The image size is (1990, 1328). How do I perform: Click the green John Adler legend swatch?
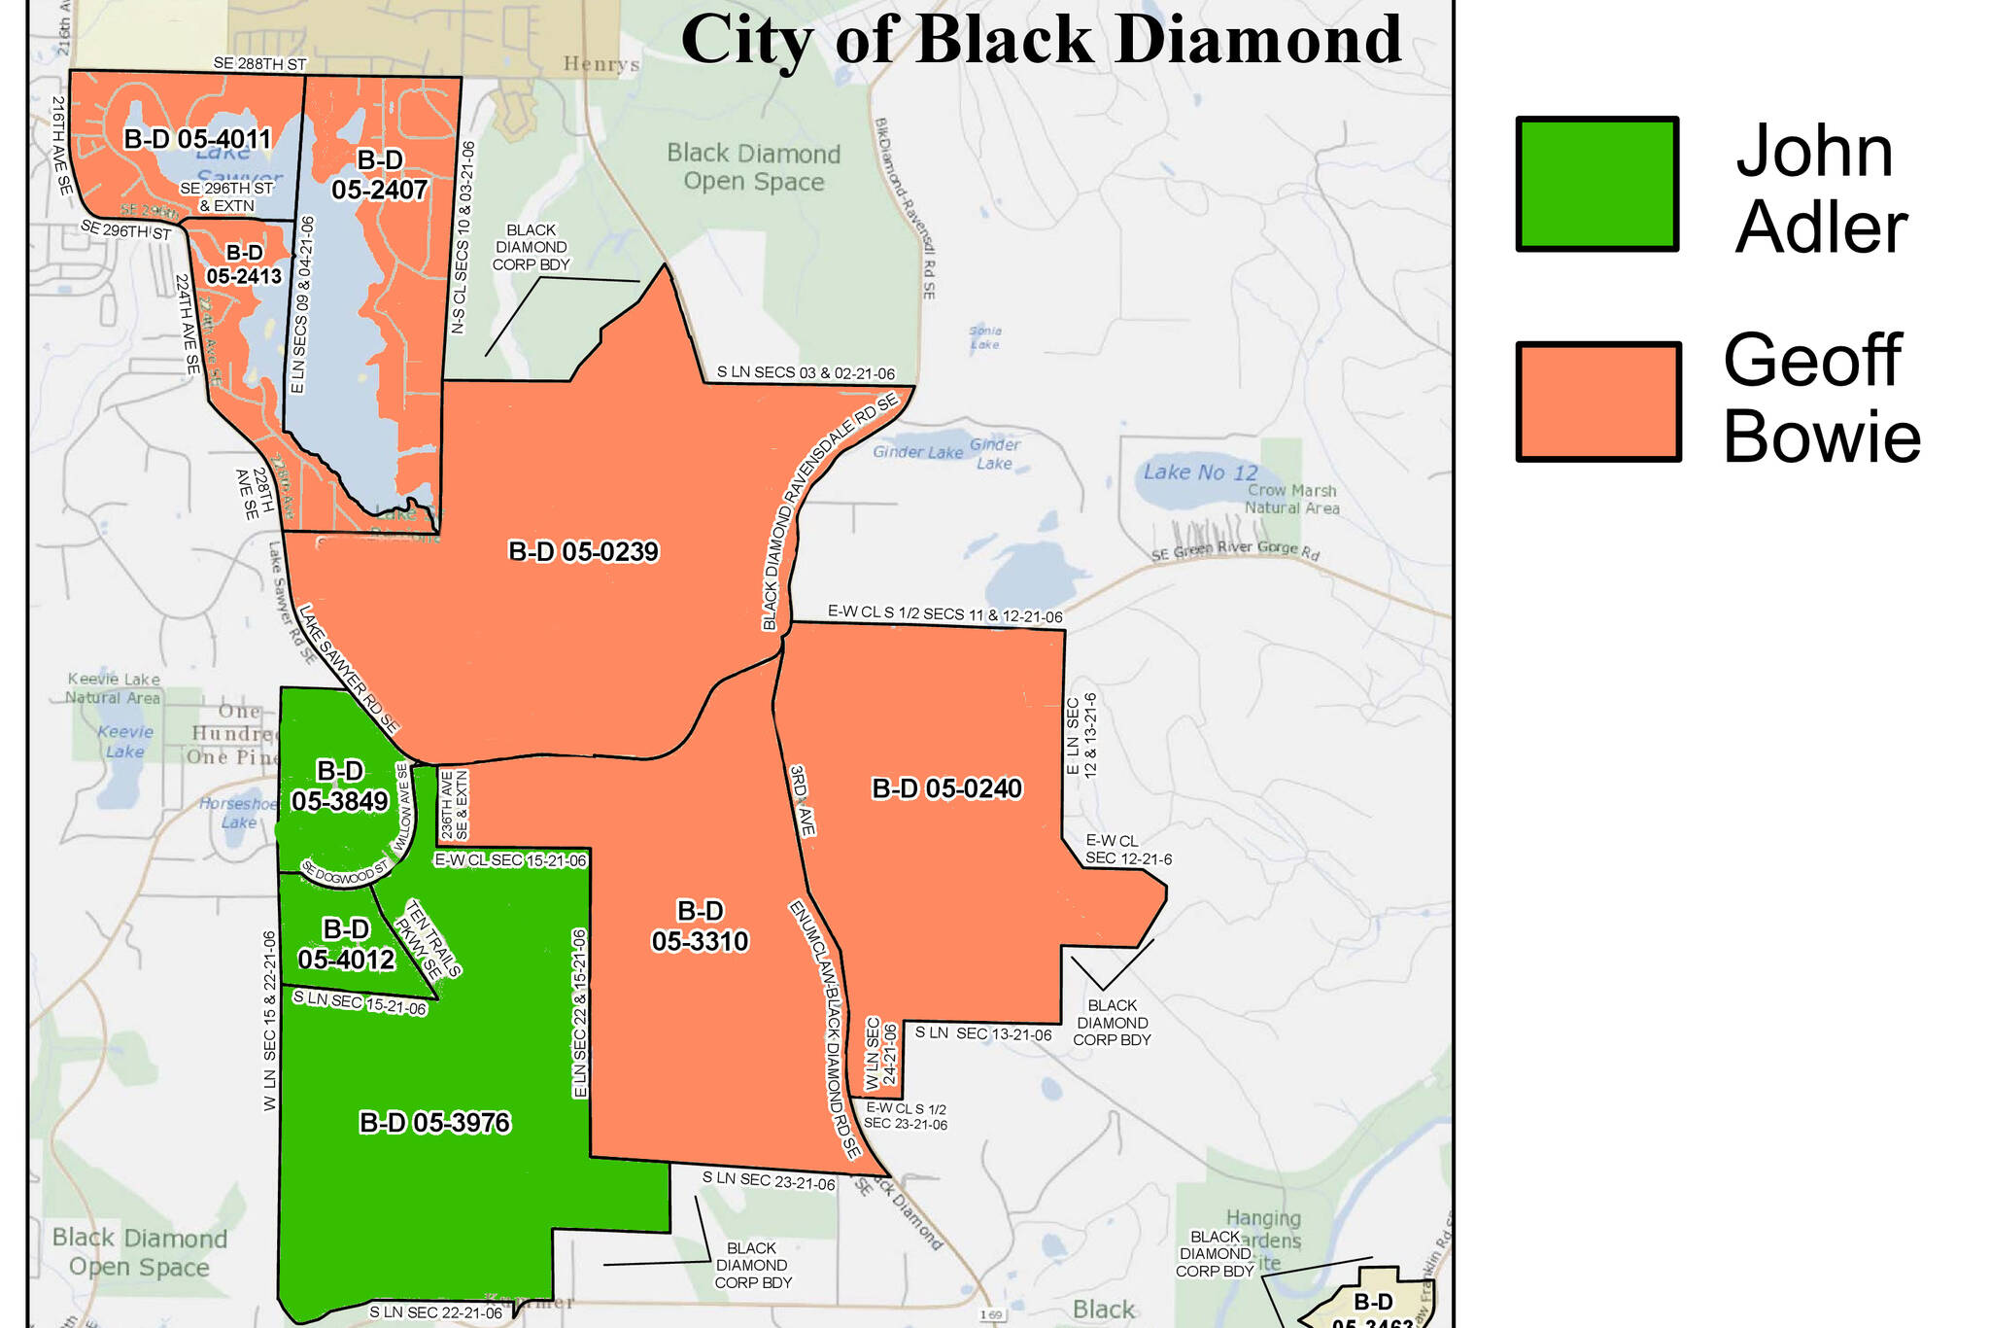click(1597, 184)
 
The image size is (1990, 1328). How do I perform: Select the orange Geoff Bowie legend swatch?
click(1597, 401)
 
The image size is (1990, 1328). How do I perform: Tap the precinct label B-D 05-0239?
click(583, 552)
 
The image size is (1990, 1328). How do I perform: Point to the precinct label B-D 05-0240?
click(946, 788)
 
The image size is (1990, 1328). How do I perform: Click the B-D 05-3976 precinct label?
click(434, 1123)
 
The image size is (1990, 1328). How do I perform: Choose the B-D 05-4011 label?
click(197, 139)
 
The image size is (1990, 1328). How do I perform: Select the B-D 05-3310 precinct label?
click(700, 926)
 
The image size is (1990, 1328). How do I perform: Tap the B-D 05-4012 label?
click(346, 945)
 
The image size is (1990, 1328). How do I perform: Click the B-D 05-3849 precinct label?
click(340, 786)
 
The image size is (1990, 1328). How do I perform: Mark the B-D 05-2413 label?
click(244, 264)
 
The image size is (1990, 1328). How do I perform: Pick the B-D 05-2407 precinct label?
click(380, 175)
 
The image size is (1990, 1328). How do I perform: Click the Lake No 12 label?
click(1200, 472)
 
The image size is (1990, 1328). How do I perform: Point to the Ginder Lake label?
click(917, 452)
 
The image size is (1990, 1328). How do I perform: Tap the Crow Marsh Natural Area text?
click(1291, 499)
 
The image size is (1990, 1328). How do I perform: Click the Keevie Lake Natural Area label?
click(114, 688)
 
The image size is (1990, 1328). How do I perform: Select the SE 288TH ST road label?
click(259, 64)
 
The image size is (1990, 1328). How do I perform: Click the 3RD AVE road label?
click(802, 800)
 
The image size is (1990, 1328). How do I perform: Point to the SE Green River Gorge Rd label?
click(1235, 551)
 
